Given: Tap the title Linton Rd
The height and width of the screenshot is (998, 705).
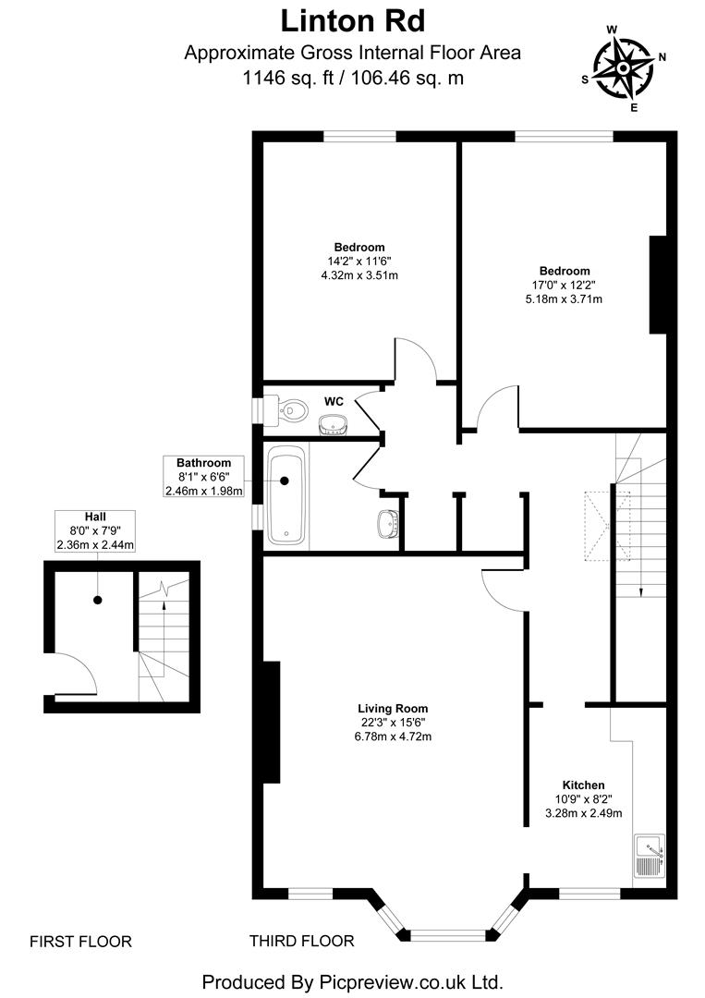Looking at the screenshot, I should (352, 20).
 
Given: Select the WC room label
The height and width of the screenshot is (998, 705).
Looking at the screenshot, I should (334, 402).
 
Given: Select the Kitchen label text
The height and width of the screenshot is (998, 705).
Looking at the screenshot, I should (582, 785).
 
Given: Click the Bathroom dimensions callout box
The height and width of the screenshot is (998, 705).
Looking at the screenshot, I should (203, 477).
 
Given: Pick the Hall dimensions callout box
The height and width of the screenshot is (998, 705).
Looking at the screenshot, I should (95, 530).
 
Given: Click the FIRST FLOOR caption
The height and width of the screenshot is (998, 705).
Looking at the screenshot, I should (80, 942).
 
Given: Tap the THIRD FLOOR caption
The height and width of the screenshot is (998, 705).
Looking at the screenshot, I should (301, 942).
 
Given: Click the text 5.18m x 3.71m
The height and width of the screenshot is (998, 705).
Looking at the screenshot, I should (565, 299).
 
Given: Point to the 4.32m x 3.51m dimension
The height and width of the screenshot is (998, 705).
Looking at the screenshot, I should (359, 275).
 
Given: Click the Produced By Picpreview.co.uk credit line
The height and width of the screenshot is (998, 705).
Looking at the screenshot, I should (352, 980).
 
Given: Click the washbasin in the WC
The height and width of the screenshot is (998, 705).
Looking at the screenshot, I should (333, 424).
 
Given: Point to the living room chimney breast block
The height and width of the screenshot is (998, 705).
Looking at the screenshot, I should (271, 723).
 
